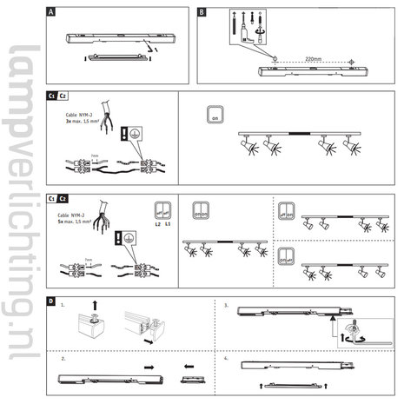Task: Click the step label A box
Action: (53, 14)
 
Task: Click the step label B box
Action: (202, 14)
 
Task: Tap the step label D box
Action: (53, 301)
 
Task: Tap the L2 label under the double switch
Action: (156, 225)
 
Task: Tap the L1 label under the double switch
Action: (168, 225)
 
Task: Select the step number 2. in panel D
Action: (63, 357)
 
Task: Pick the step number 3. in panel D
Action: (227, 307)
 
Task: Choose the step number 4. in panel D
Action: (227, 357)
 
